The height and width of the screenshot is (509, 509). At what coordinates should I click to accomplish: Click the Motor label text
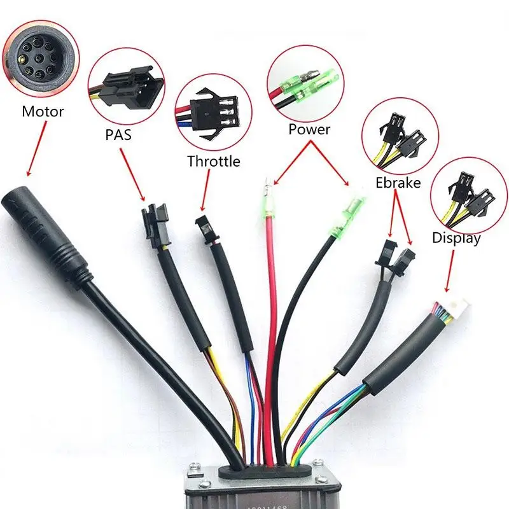(x=43, y=112)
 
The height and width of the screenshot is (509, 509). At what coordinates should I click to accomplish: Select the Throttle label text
(x=214, y=161)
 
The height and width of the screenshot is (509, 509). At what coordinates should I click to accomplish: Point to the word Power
(x=309, y=129)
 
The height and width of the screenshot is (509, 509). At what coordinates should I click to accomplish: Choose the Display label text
(x=456, y=239)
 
